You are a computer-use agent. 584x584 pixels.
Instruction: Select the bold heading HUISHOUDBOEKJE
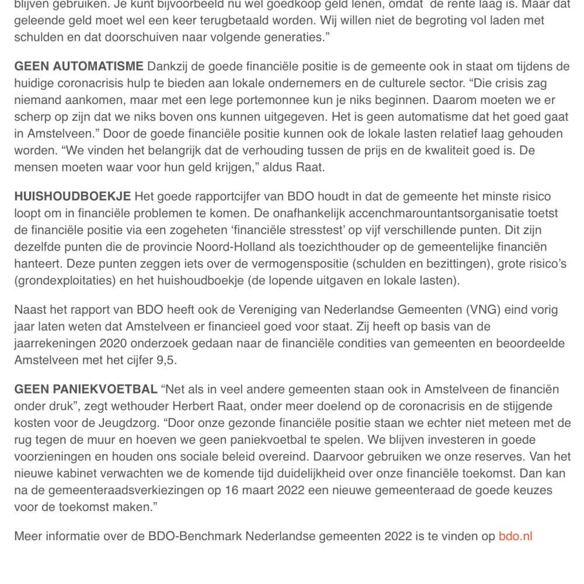click(72, 197)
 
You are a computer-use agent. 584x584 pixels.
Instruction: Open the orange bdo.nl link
click(515, 536)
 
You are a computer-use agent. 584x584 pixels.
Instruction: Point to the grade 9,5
click(165, 360)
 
